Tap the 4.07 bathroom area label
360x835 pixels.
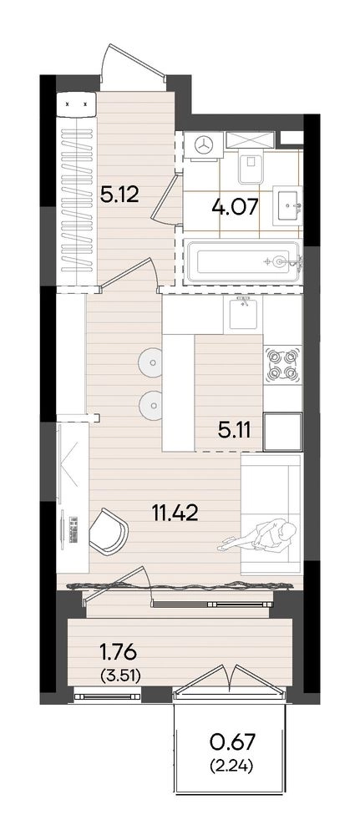(234, 205)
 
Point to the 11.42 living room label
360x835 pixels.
(175, 514)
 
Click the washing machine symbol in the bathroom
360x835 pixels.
(203, 144)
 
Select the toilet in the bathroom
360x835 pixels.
(251, 166)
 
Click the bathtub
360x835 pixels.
(243, 261)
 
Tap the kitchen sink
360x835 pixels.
(244, 314)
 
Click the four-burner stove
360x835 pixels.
(282, 365)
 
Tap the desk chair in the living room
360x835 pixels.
(109, 531)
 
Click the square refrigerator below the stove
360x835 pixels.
(283, 432)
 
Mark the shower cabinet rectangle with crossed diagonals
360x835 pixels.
(251, 139)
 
